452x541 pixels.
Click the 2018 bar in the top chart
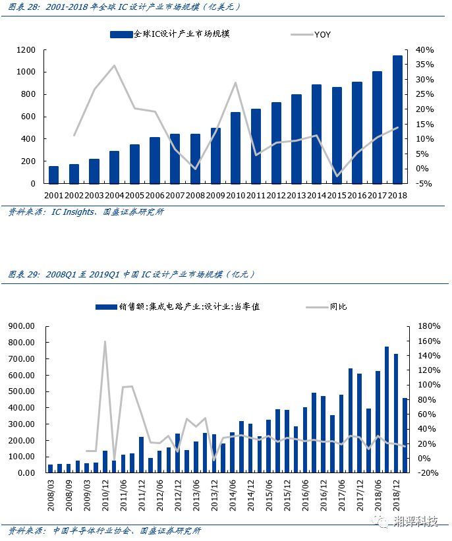tap(397, 119)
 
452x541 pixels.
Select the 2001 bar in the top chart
tap(53, 175)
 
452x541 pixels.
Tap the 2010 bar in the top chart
tap(235, 148)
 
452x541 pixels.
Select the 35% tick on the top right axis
tap(424, 65)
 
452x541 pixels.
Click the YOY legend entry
tap(322, 34)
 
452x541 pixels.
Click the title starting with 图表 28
tap(125, 7)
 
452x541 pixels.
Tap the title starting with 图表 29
tap(132, 274)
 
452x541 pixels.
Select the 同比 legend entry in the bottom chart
tap(338, 306)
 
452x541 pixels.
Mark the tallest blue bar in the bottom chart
tap(387, 409)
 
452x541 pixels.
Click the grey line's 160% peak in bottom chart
tap(105, 341)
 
